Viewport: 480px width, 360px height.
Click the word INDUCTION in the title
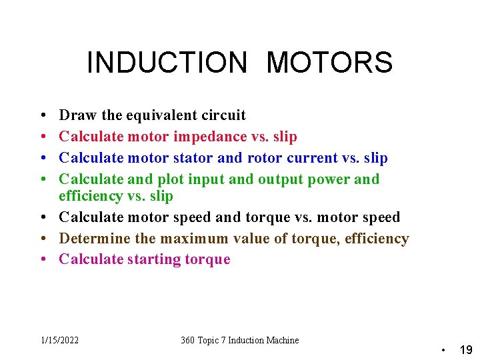pyautogui.click(x=167, y=63)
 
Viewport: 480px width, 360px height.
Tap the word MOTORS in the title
pyautogui.click(x=329, y=63)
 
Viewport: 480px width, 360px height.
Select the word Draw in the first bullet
pyautogui.click(x=78, y=115)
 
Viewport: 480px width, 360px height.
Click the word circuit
pyautogui.click(x=224, y=115)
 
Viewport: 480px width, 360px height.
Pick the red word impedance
pyautogui.click(x=209, y=137)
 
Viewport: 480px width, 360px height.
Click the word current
pyautogui.click(x=313, y=158)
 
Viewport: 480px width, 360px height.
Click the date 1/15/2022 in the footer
pyautogui.click(x=59, y=340)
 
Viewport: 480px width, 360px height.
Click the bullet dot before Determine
pyautogui.click(x=42, y=238)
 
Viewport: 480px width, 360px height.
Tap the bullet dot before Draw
pyautogui.click(x=42, y=115)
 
